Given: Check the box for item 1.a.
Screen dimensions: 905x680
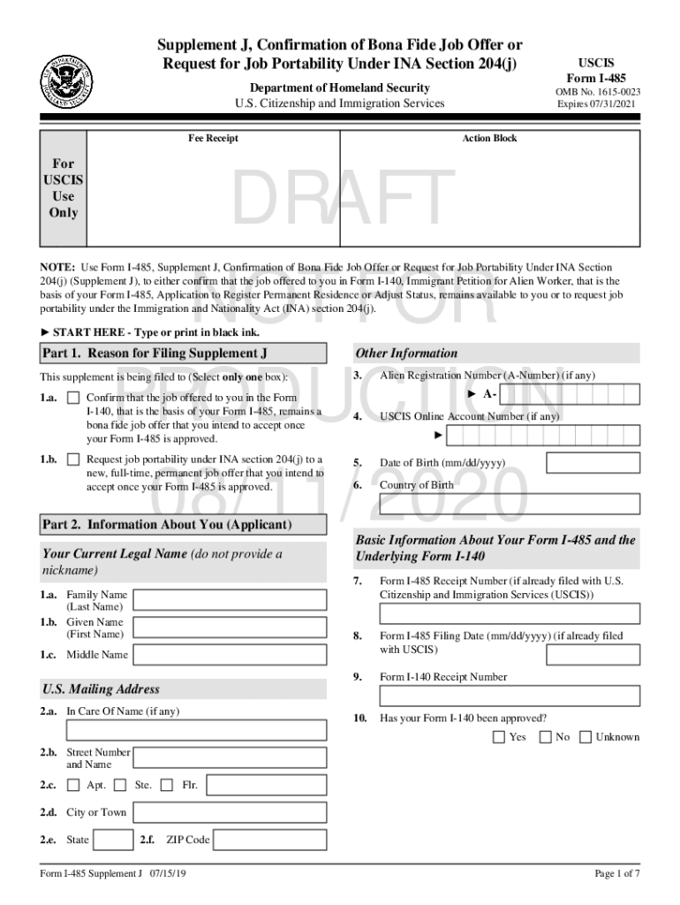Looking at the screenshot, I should point(73,399).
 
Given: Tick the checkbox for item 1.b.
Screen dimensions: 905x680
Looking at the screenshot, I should point(73,460).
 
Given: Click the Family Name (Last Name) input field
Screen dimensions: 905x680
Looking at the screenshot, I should point(232,601).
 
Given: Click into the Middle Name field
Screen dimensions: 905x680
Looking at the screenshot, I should point(232,655).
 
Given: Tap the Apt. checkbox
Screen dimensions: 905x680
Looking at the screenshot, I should point(73,785).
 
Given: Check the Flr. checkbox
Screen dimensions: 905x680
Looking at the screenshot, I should point(168,785).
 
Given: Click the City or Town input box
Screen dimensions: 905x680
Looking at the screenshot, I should point(232,812).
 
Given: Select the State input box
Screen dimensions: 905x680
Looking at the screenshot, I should point(113,840).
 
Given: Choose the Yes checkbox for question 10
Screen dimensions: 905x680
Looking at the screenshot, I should point(499,737).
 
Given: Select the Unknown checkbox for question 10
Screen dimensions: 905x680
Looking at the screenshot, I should point(585,737).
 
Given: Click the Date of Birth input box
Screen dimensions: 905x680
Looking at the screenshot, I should point(593,463).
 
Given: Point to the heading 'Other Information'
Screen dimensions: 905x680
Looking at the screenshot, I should point(406,354).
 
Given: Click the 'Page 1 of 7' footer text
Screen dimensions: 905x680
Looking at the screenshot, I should point(616,874).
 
